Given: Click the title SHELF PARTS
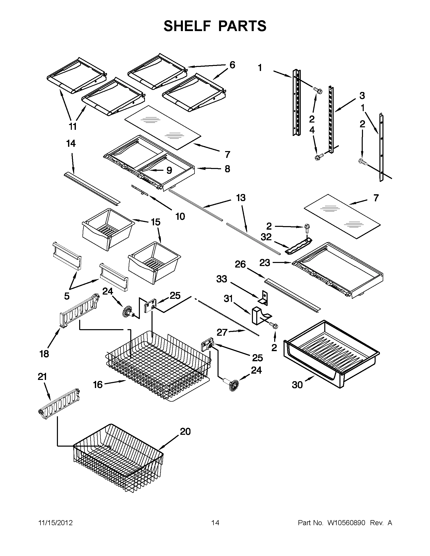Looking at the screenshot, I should click(215, 26).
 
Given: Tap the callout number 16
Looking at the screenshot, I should click(98, 385).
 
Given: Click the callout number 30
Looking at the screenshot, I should click(297, 385).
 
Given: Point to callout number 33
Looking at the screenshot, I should click(222, 279).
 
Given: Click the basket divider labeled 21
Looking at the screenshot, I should click(59, 404).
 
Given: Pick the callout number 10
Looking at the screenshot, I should click(180, 217).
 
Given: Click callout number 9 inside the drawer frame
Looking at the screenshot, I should click(169, 170).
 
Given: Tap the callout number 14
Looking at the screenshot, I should click(71, 143).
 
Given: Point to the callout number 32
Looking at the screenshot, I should click(266, 237).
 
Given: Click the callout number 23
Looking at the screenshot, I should click(265, 262).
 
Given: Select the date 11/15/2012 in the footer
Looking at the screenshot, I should click(55, 523).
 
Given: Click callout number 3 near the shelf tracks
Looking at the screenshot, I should click(362, 96).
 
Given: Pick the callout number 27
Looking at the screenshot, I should click(222, 332).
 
